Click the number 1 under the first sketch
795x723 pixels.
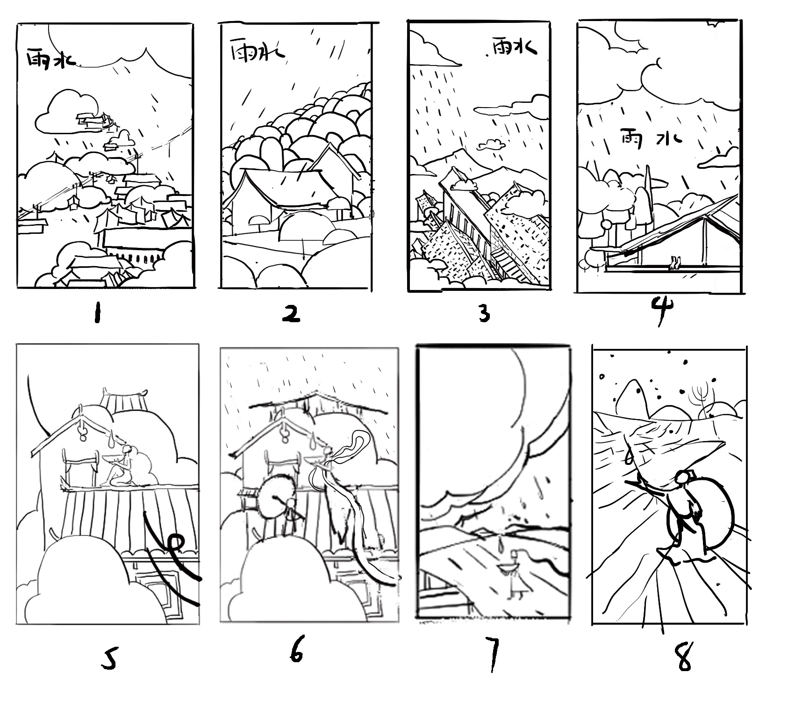pyautogui.click(x=97, y=313)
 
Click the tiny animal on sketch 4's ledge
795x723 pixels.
pyautogui.click(x=674, y=263)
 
